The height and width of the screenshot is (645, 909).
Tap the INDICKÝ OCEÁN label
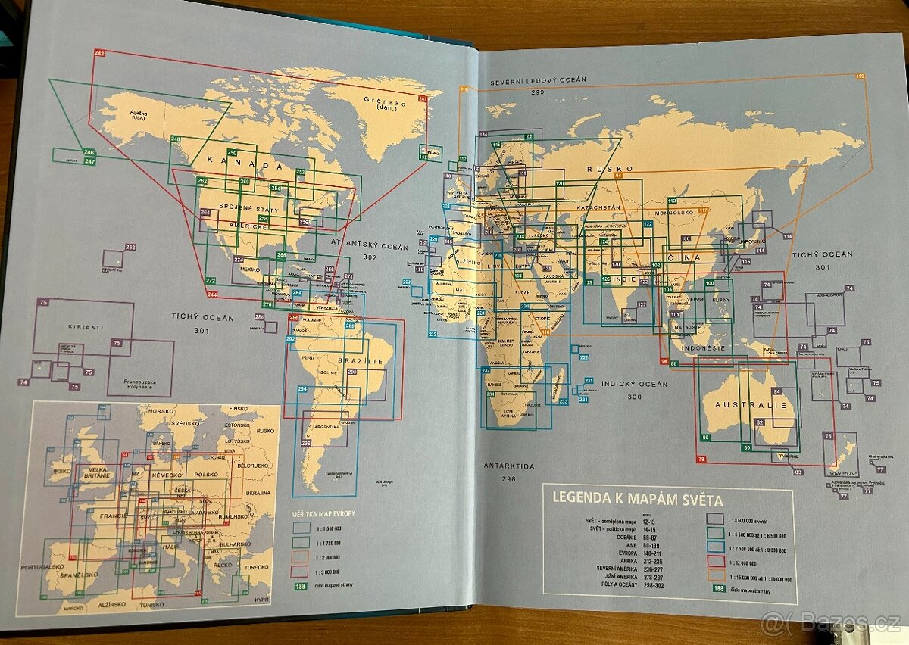[636, 385]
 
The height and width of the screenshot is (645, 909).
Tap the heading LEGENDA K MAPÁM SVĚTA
[638, 500]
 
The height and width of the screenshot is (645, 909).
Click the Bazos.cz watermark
[831, 623]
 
